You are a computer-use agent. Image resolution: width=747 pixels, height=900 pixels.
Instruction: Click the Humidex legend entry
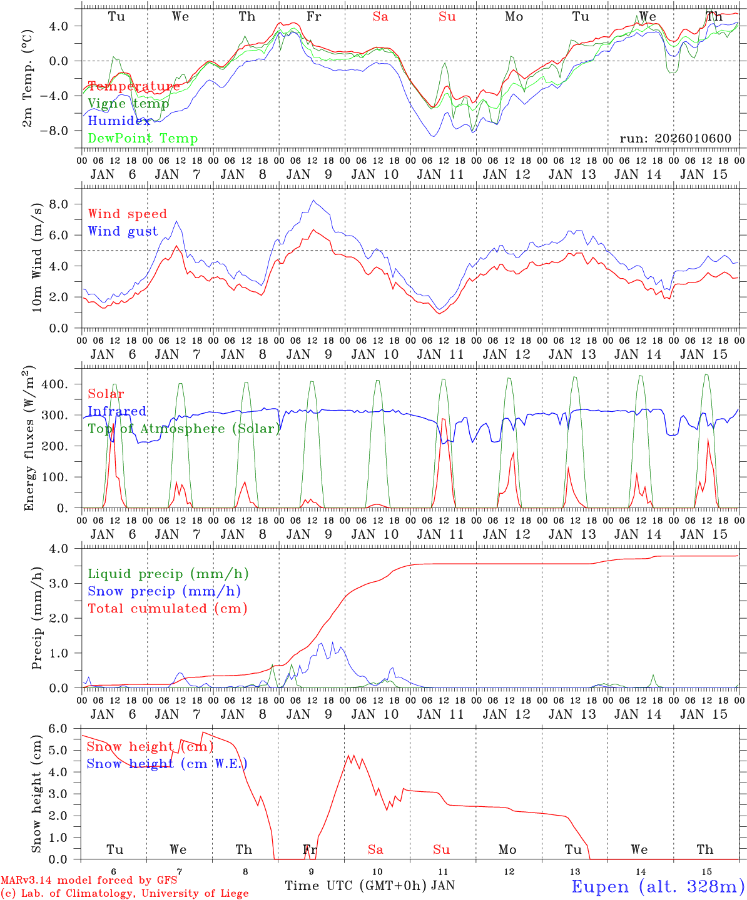119,121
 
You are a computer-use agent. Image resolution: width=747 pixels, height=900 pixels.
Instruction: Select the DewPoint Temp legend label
143,139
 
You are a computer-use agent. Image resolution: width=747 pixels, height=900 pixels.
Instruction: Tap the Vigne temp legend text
128,104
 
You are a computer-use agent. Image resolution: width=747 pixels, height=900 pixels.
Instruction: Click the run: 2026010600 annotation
675,139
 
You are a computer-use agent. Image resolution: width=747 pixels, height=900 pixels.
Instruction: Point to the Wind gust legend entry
123,231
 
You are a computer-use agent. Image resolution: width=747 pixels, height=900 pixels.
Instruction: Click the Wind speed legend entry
128,214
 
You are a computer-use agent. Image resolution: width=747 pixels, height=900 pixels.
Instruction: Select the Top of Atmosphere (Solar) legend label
184,429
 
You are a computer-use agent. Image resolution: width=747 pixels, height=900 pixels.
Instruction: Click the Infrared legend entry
117,411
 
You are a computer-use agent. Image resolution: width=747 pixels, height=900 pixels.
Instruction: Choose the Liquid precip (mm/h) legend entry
168,574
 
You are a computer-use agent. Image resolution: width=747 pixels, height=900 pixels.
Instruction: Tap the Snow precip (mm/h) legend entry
164,591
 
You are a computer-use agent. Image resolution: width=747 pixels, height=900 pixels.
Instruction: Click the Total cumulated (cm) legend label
167,608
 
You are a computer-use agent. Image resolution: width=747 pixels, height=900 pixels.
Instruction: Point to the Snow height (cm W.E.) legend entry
166,764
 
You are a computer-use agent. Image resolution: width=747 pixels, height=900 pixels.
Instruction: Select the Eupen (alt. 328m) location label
658,886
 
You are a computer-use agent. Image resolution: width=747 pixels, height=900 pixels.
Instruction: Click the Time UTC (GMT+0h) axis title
356,886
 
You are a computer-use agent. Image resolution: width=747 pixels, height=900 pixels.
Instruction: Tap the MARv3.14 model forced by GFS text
89,881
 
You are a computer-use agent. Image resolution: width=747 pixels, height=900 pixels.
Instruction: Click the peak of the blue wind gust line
313,201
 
